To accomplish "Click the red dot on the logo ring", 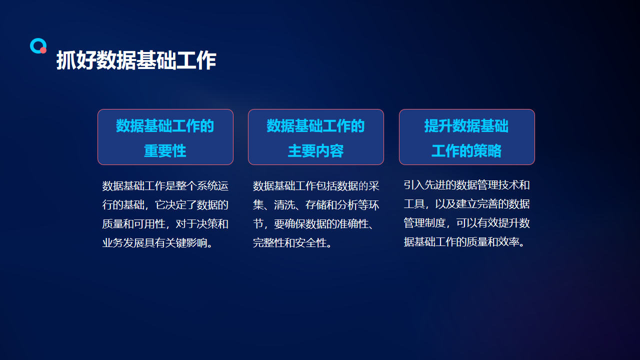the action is (43, 50).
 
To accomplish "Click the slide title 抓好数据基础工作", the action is (136, 60).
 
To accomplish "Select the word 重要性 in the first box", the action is (165, 151).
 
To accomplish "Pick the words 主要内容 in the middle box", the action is (315, 151).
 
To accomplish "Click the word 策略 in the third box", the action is (487, 151).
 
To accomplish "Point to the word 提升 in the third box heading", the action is (438, 126).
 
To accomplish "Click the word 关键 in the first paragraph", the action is (175, 243).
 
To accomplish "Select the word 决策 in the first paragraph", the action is (207, 224).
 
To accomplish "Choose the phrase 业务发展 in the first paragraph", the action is (123, 243).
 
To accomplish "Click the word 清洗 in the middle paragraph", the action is (284, 205).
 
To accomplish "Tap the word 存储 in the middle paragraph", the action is (316, 205).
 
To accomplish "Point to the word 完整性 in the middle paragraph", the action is (268, 243).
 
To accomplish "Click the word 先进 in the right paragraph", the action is (435, 185).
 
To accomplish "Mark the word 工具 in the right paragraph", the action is (414, 204).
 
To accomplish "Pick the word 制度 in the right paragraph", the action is (435, 223).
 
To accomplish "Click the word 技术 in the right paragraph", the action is (509, 185).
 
